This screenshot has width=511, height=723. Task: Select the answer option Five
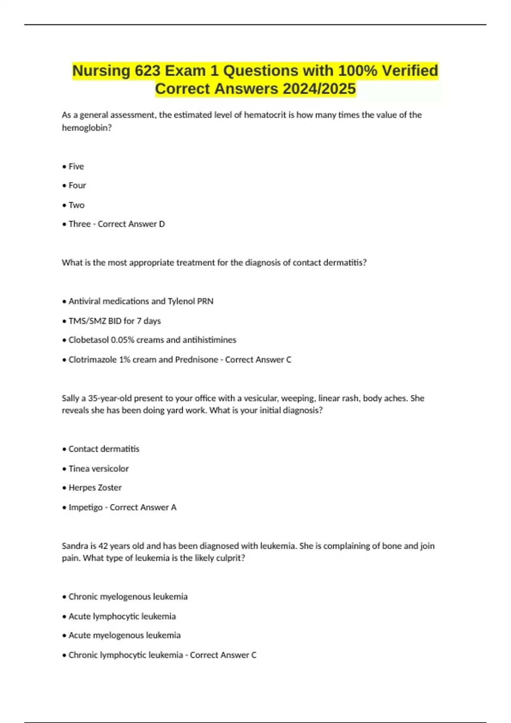point(76,167)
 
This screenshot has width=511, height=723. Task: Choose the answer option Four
point(77,185)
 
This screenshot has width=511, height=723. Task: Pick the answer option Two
point(77,205)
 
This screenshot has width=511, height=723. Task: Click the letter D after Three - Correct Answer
point(162,224)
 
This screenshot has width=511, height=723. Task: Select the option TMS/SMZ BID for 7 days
point(115,321)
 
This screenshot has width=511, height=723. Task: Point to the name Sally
point(70,399)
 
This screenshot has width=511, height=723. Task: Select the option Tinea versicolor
point(98,469)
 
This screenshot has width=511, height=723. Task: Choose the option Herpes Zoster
point(95,488)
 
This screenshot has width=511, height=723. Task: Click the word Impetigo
point(85,507)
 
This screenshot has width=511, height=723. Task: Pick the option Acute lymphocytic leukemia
point(122,616)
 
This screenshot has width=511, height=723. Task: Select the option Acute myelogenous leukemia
point(124,635)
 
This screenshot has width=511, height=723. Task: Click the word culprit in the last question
point(230,558)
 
